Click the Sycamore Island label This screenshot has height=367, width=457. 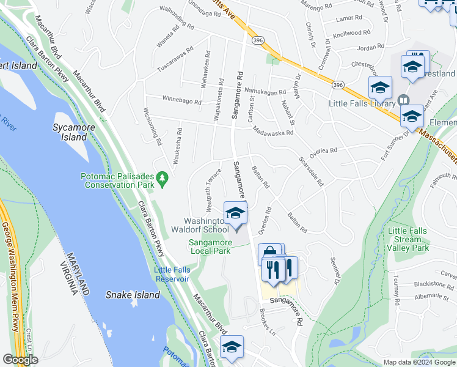[70, 132]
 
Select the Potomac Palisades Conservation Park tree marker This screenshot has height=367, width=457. [162, 178]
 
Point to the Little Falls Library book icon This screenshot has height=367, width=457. [403, 100]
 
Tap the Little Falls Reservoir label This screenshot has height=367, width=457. [172, 274]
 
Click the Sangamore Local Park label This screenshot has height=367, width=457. [209, 247]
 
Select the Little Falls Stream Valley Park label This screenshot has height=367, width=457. [408, 239]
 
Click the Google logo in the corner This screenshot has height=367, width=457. [20, 360]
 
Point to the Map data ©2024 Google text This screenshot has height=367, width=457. [419, 362]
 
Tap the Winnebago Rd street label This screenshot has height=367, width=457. [181, 99]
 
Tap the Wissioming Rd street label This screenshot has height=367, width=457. [151, 127]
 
